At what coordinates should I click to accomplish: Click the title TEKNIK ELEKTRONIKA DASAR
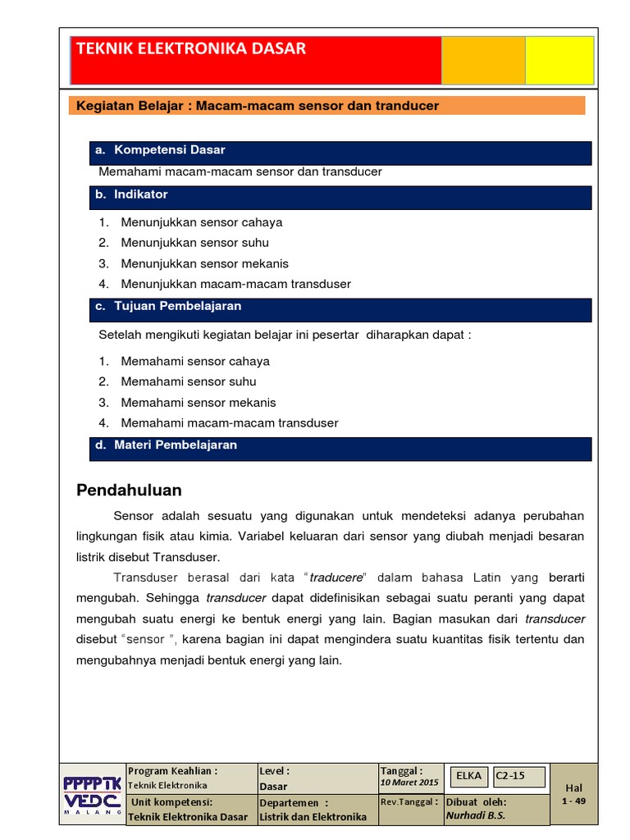(191, 49)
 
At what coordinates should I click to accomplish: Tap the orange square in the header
(483, 60)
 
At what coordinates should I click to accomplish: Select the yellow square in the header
(559, 60)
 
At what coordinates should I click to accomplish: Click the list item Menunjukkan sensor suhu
(194, 243)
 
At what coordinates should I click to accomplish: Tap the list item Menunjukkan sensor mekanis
(204, 263)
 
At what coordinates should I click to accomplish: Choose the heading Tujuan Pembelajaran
(177, 306)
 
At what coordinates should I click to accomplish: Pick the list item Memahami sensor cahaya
(195, 361)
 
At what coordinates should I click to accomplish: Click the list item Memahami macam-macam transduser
(229, 423)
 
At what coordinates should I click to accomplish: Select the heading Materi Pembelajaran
(175, 445)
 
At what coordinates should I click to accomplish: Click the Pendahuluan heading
(129, 491)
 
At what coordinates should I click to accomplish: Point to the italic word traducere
(336, 577)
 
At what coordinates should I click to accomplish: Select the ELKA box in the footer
(468, 776)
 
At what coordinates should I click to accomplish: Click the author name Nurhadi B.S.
(476, 815)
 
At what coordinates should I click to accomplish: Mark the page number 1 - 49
(573, 801)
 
